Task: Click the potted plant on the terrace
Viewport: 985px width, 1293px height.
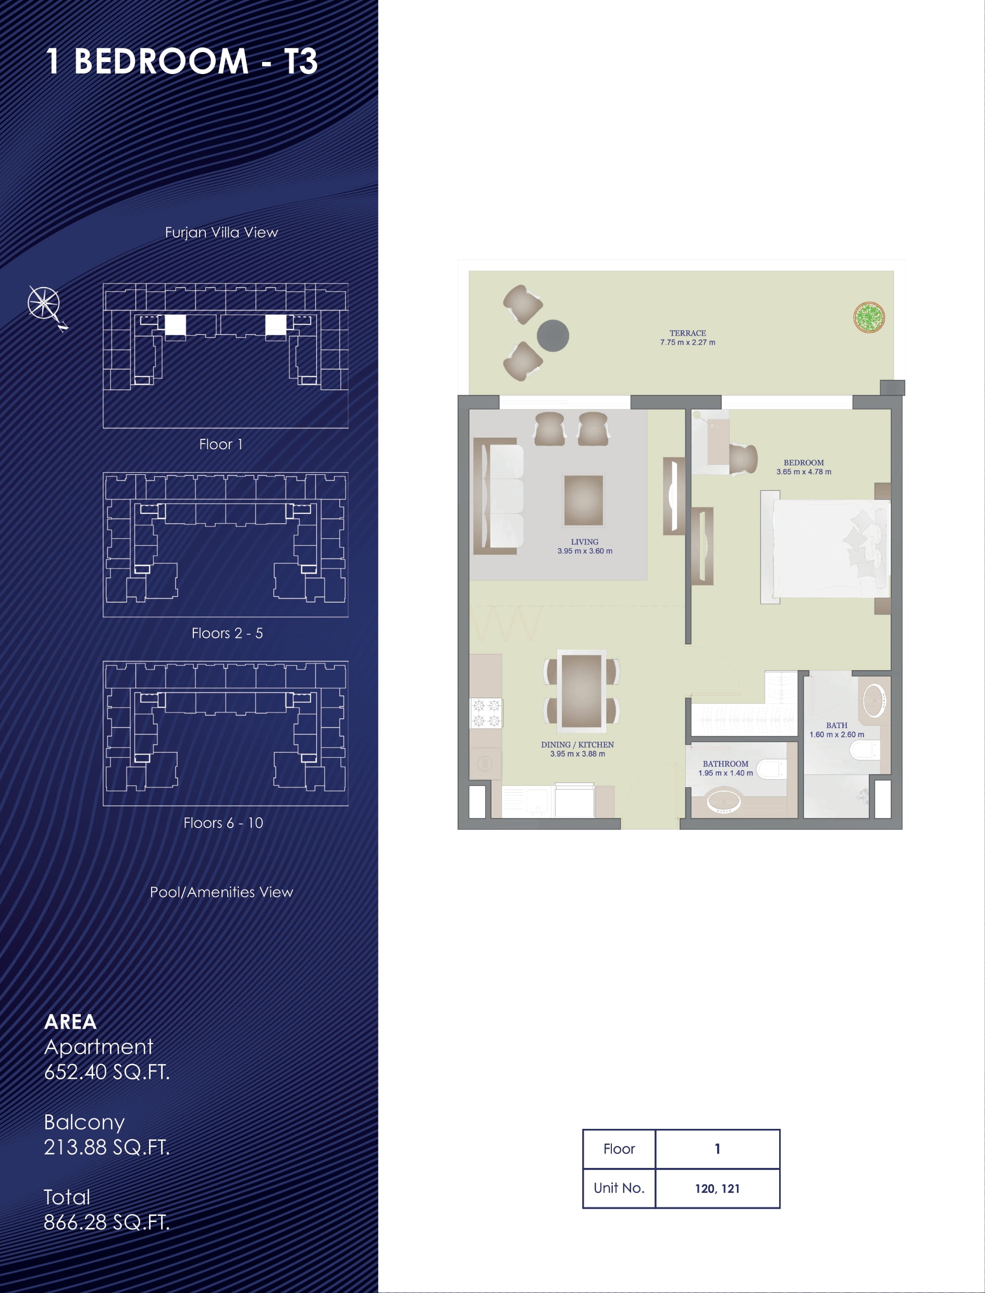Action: (869, 317)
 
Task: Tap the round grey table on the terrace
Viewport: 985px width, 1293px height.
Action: (553, 336)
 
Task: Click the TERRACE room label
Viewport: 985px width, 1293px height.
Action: (688, 333)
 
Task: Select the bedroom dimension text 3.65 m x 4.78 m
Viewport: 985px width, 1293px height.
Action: (804, 472)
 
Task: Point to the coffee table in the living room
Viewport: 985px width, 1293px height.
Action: (583, 500)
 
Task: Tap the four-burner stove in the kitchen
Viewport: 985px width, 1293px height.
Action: (486, 713)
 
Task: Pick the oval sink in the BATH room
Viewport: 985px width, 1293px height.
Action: (875, 699)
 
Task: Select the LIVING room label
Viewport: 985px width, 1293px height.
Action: (585, 542)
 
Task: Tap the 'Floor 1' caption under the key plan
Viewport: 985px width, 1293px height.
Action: (221, 445)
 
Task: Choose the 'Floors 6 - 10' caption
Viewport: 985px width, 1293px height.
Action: (224, 823)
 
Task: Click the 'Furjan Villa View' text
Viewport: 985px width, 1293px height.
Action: (221, 232)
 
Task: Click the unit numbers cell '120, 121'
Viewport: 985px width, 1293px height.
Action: (717, 1189)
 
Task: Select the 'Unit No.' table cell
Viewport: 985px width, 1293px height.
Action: (619, 1189)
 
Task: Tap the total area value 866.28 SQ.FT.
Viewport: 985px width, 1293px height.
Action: (107, 1222)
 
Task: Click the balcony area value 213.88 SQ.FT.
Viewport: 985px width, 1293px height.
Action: (107, 1147)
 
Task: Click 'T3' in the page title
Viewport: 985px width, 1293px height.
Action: (301, 61)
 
